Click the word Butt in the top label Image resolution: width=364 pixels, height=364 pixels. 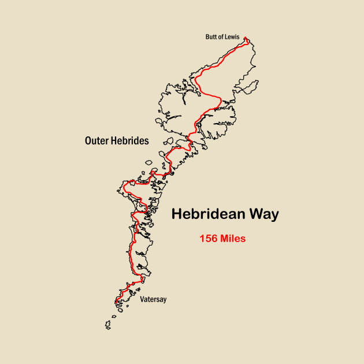click(211, 37)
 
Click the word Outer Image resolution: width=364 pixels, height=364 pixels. click(96, 140)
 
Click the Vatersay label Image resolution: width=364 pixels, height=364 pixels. click(153, 299)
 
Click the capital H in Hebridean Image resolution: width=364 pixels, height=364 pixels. click(177, 214)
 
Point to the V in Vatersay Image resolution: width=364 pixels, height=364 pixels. click(142, 299)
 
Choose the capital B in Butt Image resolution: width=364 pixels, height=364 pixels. click(207, 37)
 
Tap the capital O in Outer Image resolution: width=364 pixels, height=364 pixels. click(88, 140)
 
